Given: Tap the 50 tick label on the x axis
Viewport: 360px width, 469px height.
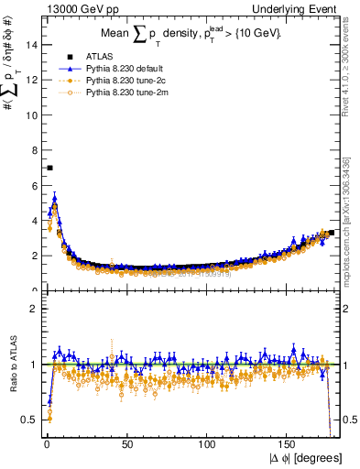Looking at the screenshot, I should coord(127,444).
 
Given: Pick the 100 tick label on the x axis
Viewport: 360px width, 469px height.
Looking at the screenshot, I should coord(208,444).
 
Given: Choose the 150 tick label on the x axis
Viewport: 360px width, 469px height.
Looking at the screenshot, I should coord(289,444).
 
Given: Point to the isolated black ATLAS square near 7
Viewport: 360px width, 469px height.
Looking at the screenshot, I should coord(49,168).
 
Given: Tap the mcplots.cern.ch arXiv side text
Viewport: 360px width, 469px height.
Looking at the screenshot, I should coord(353,229).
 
